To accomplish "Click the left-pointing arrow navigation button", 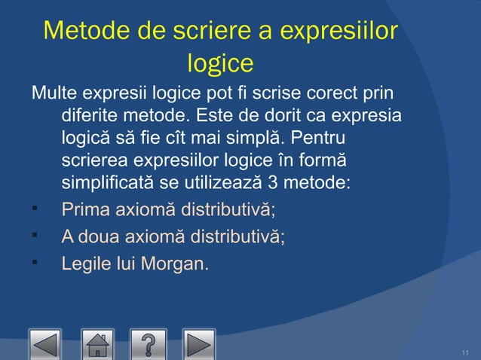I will click(x=46, y=344).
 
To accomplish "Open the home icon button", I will click(x=98, y=344).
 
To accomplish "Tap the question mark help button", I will click(x=149, y=344).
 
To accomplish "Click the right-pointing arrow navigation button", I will click(x=199, y=344).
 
